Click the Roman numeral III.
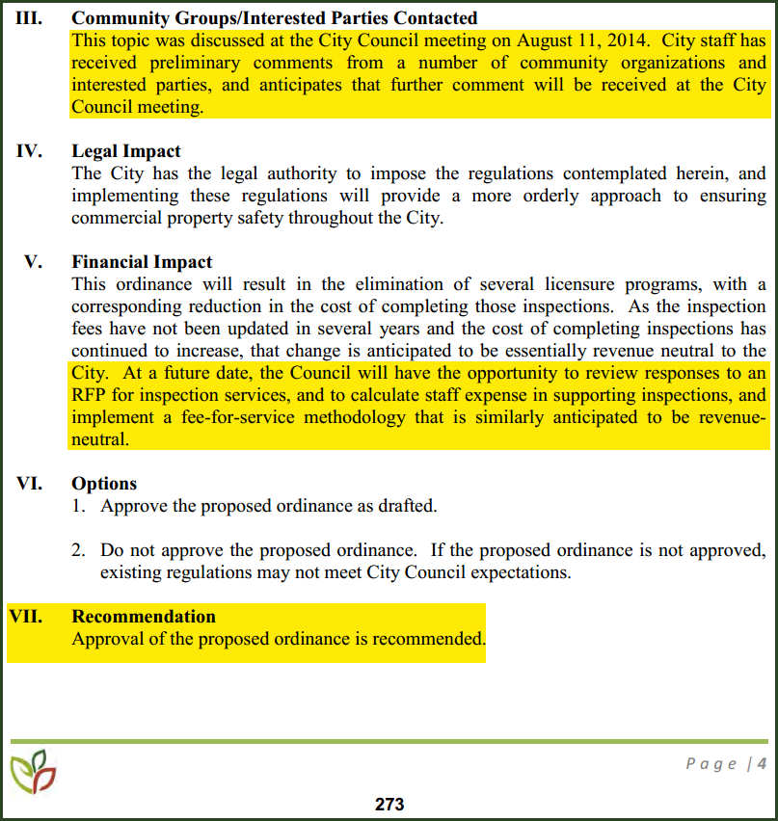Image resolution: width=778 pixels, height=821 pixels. (28, 18)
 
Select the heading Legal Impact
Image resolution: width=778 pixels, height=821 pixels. (126, 151)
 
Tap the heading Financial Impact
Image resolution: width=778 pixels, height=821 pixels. (142, 262)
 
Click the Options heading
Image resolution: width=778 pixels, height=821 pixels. (104, 484)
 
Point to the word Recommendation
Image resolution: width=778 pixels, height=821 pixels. (144, 617)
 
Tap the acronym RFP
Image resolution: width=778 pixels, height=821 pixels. (91, 395)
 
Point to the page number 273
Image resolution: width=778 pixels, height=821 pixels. (389, 805)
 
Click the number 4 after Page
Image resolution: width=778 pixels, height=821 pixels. (762, 764)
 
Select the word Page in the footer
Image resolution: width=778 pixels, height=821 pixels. (711, 764)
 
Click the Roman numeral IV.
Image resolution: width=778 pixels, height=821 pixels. (30, 151)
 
